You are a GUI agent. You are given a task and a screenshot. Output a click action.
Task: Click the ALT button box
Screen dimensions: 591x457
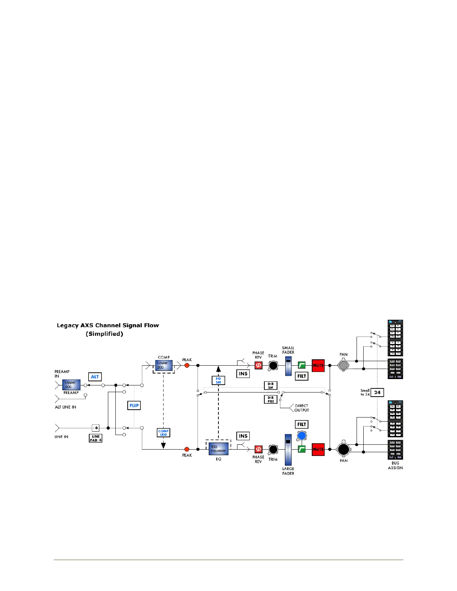(95, 377)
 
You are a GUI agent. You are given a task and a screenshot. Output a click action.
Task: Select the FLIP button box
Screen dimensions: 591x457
(134, 405)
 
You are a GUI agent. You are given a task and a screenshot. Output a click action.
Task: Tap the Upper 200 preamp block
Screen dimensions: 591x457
(71, 385)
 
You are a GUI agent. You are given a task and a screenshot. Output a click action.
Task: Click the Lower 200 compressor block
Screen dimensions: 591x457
(164, 365)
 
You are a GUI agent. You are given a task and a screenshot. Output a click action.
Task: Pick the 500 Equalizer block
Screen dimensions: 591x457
(218, 449)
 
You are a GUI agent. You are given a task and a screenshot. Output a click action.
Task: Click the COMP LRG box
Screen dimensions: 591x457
(164, 433)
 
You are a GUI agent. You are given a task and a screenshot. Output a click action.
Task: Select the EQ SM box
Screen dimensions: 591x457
(218, 380)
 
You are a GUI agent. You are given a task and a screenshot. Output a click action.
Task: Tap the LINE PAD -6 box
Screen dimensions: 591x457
(96, 438)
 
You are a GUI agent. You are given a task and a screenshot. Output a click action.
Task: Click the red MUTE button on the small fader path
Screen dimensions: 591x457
(318, 365)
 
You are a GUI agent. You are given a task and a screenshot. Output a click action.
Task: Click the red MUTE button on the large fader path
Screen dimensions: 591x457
(318, 449)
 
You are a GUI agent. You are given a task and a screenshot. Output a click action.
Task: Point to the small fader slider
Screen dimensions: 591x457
(288, 366)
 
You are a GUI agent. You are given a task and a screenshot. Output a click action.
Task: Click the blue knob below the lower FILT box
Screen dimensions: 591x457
(302, 436)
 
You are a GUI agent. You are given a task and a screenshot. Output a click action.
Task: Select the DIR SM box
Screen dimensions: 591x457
(271, 385)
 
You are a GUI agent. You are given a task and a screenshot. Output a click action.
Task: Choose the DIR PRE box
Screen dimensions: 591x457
(271, 400)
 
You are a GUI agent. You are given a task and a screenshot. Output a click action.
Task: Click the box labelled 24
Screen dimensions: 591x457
(377, 393)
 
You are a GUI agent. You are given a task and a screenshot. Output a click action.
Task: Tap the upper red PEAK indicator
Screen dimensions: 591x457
(187, 365)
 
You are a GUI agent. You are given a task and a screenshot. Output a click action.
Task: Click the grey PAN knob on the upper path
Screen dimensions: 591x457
(343, 365)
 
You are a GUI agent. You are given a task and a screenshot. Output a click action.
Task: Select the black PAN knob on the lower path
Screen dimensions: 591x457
(343, 449)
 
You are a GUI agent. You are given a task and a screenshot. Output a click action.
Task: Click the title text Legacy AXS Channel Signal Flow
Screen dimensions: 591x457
(108, 325)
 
